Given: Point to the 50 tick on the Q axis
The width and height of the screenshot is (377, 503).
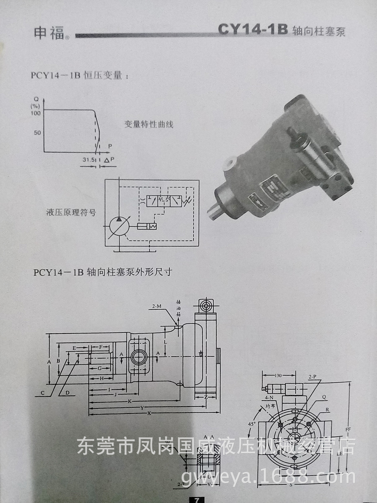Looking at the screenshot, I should (37, 133).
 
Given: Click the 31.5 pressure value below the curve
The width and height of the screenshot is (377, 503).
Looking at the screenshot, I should (89, 159).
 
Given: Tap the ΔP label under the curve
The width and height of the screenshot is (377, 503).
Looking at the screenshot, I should (109, 160).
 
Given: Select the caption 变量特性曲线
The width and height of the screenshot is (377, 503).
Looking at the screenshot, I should (149, 124).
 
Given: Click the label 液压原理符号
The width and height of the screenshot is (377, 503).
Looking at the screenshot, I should (71, 212).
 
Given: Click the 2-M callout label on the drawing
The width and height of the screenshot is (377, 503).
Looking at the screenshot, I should (157, 306).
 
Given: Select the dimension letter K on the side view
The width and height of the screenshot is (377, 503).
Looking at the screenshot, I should (129, 401).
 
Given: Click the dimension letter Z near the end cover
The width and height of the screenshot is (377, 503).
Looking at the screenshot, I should (206, 397).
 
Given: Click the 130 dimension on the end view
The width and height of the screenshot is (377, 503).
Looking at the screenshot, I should (278, 376).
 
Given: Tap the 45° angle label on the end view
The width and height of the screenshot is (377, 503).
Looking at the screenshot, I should (252, 424).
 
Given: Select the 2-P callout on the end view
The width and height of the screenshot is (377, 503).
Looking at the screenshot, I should (312, 377).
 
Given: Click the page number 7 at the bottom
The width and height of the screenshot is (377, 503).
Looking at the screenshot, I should (197, 500).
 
